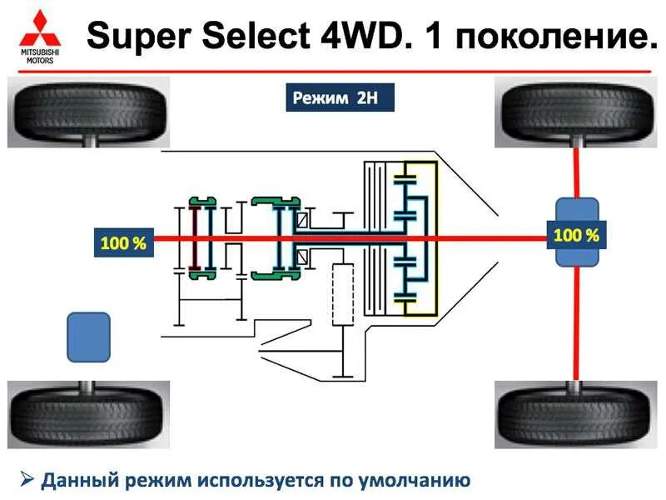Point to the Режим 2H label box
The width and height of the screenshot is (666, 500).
click(x=335, y=97)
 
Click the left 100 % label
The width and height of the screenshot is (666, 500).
click(x=123, y=243)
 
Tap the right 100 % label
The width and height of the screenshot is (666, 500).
click(x=576, y=235)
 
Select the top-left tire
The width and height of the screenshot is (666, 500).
click(x=88, y=112)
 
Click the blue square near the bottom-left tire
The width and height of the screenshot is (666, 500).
click(x=88, y=337)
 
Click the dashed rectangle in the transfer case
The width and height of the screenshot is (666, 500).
click(x=342, y=294)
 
